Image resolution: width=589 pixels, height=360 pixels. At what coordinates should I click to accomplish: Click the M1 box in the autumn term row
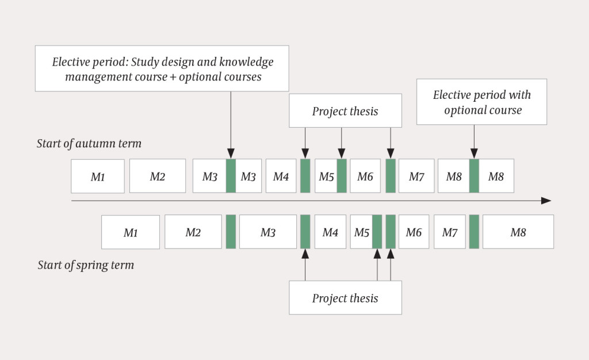(x=98, y=177)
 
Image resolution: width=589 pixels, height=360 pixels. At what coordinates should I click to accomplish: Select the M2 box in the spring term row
(x=193, y=232)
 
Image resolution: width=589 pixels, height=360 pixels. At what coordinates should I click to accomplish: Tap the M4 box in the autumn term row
(x=281, y=176)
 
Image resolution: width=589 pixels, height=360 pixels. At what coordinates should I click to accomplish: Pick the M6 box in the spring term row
(x=414, y=232)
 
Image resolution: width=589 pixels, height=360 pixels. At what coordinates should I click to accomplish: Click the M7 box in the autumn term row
(x=416, y=176)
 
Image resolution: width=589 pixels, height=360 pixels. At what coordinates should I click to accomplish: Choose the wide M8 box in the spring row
(x=518, y=232)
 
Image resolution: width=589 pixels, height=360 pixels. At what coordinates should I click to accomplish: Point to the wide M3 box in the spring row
(x=268, y=232)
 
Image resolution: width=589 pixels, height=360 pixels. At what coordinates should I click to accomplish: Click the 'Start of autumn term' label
(x=89, y=143)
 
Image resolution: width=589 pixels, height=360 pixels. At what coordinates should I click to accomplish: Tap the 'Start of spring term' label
(x=86, y=265)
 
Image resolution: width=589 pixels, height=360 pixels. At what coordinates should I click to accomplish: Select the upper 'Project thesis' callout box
(x=345, y=110)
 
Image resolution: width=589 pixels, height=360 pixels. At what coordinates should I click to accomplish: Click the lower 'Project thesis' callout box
(x=345, y=298)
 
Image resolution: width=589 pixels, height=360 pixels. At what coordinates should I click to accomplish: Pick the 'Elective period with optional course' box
(x=482, y=102)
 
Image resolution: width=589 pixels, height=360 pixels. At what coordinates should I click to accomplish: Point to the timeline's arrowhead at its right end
(x=546, y=201)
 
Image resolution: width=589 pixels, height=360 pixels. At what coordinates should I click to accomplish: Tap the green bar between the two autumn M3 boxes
(x=231, y=176)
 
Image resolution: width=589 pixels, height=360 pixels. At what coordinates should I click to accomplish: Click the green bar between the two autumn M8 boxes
(x=475, y=176)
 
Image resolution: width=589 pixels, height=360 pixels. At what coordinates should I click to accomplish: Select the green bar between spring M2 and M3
(x=231, y=232)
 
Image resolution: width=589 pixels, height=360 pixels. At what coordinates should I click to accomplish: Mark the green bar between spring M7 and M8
(x=474, y=232)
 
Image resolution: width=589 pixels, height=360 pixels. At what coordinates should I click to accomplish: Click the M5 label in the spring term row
(x=361, y=232)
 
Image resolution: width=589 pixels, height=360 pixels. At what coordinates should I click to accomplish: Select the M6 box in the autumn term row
(x=365, y=176)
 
